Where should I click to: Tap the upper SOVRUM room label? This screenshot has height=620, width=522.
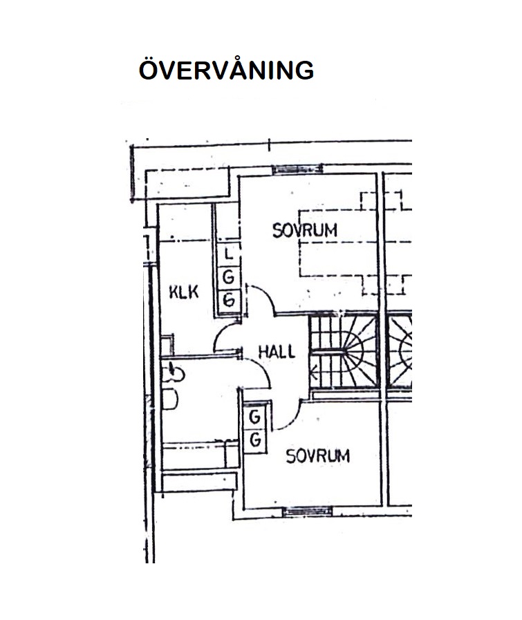point(305,230)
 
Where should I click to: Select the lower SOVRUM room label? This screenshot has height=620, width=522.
point(318,456)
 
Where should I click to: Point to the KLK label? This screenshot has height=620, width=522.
point(183,292)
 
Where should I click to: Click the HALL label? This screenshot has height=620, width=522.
point(277,352)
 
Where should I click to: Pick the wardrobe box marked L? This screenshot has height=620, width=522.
point(229,253)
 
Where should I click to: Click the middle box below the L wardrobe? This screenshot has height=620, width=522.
point(229,277)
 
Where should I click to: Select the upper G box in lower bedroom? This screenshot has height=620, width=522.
point(255,417)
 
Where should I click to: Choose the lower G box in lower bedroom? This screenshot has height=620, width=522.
point(255,440)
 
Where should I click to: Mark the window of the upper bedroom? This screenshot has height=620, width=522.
point(297,169)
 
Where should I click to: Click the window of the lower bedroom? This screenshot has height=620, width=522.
point(308,511)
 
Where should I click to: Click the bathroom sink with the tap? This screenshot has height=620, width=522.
point(174,372)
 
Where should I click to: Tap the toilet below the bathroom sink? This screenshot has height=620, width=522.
point(170,400)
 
